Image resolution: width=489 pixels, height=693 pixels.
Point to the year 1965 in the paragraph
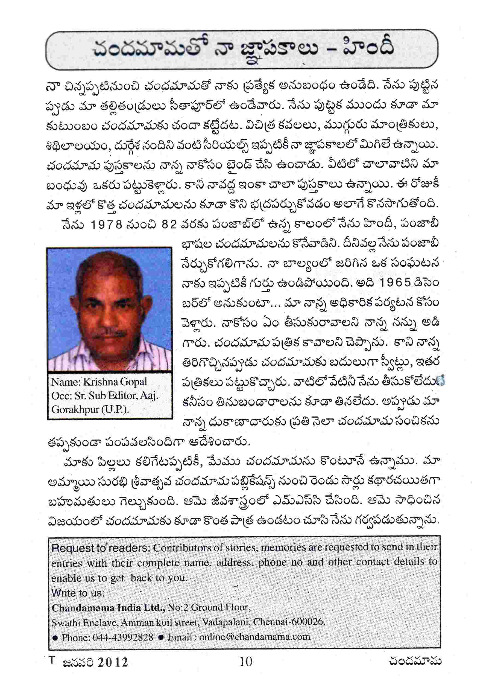395,283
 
